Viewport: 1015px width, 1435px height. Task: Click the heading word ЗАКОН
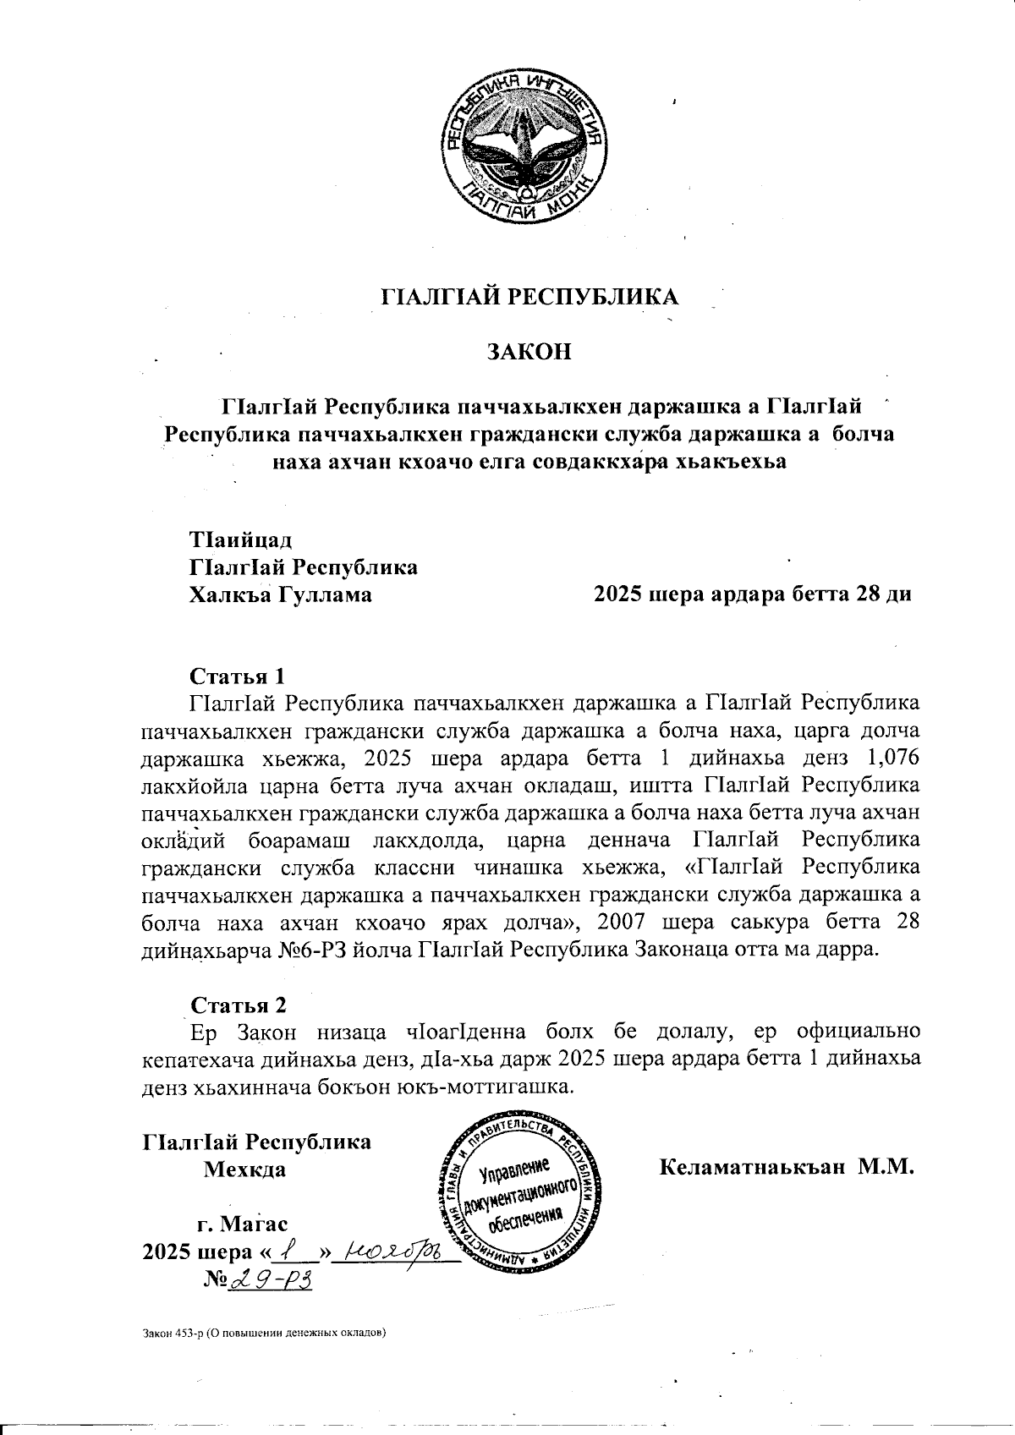(528, 352)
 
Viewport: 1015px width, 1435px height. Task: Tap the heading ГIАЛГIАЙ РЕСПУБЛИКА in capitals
(531, 297)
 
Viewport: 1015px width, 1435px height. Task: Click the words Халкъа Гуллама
(281, 594)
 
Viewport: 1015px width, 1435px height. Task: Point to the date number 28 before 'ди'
(871, 594)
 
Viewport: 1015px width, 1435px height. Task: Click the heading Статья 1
(238, 676)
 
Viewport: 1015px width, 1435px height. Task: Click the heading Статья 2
(239, 1005)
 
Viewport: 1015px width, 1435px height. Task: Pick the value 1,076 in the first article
(890, 757)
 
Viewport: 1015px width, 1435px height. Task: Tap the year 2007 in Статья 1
(681, 922)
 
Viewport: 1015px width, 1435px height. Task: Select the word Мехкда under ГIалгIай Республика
(244, 1170)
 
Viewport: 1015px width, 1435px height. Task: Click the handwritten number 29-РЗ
(269, 1280)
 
